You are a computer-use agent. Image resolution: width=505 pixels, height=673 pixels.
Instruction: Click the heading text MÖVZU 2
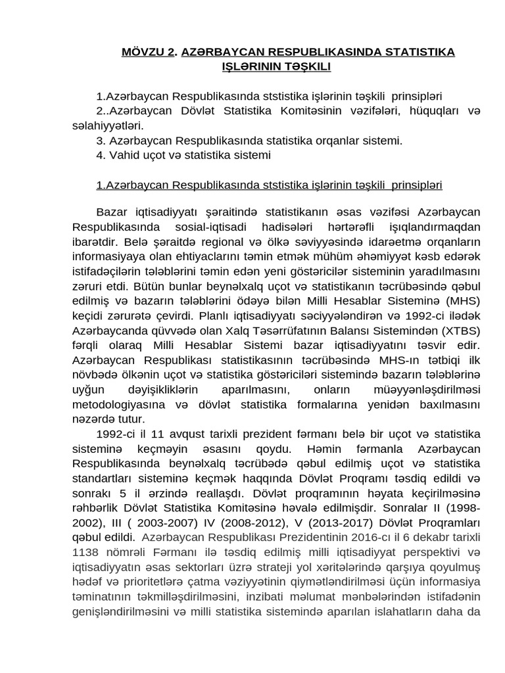(x=149, y=52)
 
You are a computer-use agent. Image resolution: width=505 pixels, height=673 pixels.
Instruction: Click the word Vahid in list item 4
(x=124, y=155)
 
